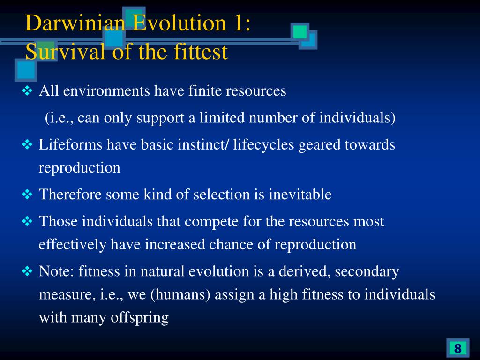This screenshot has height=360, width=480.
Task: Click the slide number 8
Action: [x=457, y=348]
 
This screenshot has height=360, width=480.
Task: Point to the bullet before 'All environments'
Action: [x=27, y=91]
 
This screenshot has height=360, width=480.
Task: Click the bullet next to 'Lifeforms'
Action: [x=27, y=144]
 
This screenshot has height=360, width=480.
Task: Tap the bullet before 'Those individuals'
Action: [x=27, y=221]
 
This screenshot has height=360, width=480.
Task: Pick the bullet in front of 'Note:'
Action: [x=27, y=271]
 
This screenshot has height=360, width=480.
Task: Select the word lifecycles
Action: [x=263, y=144]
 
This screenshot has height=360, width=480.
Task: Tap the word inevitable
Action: [x=300, y=195]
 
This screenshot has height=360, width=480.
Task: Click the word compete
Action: [x=211, y=221]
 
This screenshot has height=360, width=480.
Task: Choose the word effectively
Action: [x=73, y=244]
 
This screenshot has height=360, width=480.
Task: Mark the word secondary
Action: [x=367, y=271]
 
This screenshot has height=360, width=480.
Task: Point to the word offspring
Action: [x=140, y=317]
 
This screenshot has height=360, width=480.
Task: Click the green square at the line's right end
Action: [x=300, y=32]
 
